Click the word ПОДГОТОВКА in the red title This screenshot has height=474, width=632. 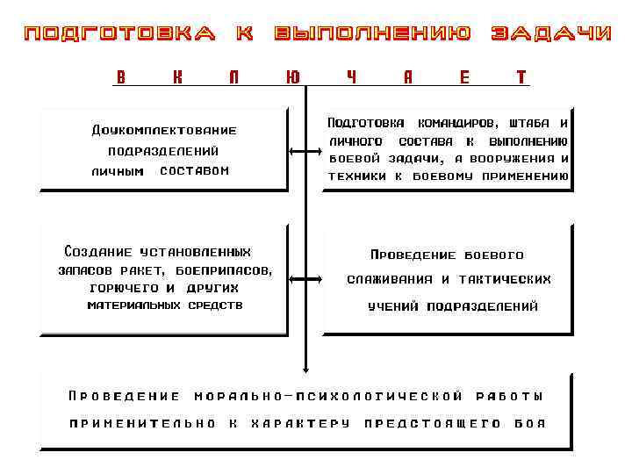click(x=119, y=34)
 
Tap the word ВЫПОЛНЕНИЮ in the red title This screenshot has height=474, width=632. click(x=372, y=34)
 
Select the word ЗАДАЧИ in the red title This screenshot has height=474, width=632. click(x=550, y=34)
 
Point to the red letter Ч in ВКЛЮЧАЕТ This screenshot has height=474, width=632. click(x=351, y=77)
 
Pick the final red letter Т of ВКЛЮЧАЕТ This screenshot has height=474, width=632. click(x=521, y=77)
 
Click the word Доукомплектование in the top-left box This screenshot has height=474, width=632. click(x=164, y=131)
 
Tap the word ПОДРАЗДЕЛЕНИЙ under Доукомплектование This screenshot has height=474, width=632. click(x=164, y=152)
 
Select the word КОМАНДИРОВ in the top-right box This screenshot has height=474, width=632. click(x=453, y=123)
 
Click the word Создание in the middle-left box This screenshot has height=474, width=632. click(x=93, y=252)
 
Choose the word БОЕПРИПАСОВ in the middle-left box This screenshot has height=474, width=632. click(x=224, y=270)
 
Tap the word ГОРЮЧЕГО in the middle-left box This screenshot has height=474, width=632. click(x=123, y=288)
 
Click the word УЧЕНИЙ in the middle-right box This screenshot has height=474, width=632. click(x=394, y=307)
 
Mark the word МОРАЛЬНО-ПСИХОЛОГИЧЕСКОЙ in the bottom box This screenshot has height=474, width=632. click(x=328, y=396)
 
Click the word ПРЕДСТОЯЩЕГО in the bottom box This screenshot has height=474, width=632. click(x=433, y=423)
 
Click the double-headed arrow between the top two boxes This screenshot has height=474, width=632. click(x=305, y=154)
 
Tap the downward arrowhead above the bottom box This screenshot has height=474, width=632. click(x=305, y=366)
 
